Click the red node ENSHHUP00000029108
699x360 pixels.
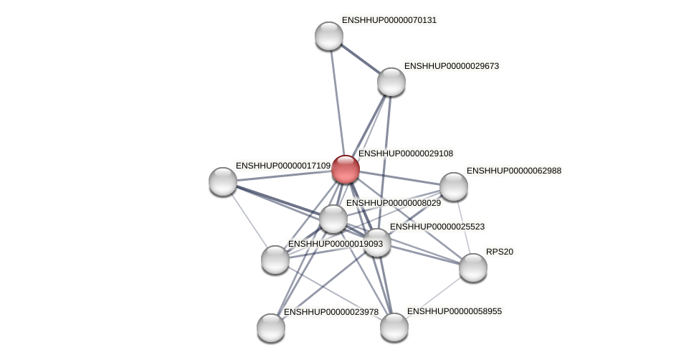click(x=345, y=169)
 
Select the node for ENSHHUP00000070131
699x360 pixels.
click(x=329, y=36)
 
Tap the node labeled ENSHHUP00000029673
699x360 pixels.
click(x=391, y=82)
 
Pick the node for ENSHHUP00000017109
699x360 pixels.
click(x=222, y=181)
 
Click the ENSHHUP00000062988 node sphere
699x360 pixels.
click(x=453, y=186)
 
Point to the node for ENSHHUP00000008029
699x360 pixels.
click(x=333, y=218)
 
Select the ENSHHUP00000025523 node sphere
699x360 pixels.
click(x=377, y=242)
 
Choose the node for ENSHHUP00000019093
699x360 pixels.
click(x=275, y=259)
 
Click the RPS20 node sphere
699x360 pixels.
click(x=472, y=267)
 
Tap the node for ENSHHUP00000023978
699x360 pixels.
click(x=271, y=327)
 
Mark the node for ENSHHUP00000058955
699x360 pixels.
click(x=394, y=327)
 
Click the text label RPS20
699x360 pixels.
click(x=500, y=252)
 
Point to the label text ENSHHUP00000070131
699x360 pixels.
click(x=389, y=20)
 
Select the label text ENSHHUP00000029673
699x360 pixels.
click(x=452, y=66)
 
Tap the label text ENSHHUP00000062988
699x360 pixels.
click(x=514, y=171)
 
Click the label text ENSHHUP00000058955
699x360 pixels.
click(x=455, y=311)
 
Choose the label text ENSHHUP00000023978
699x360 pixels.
click(x=331, y=312)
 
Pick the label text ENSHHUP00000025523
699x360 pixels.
click(x=437, y=227)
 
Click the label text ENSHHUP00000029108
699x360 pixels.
click(x=406, y=153)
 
